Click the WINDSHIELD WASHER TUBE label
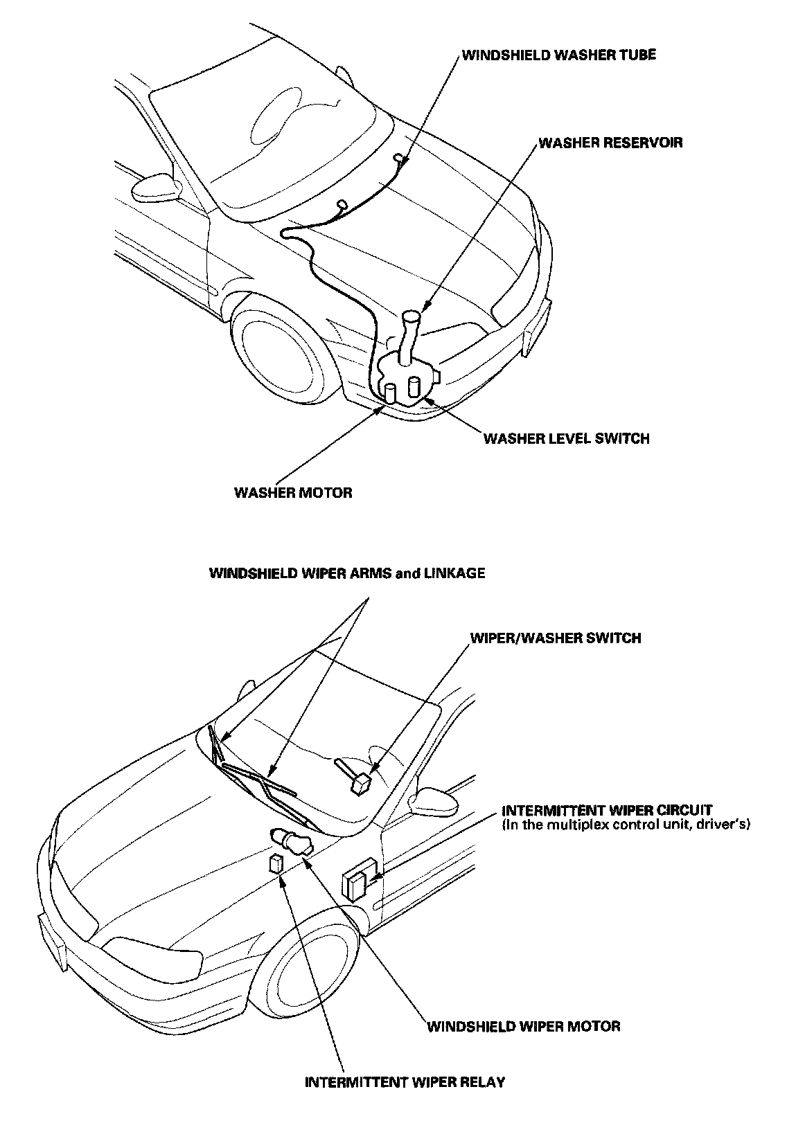[x=558, y=55]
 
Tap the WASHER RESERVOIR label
[x=610, y=143]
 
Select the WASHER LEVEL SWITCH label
[x=566, y=438]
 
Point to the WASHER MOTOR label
[x=293, y=493]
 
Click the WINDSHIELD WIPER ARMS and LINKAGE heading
[x=347, y=573]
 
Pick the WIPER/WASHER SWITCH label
[x=556, y=638]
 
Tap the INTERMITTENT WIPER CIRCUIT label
[x=607, y=810]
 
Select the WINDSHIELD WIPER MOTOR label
[x=523, y=1026]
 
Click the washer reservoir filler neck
[x=410, y=332]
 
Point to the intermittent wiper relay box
[x=276, y=864]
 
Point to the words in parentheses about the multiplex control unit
[x=626, y=825]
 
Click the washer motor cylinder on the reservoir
[x=391, y=393]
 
